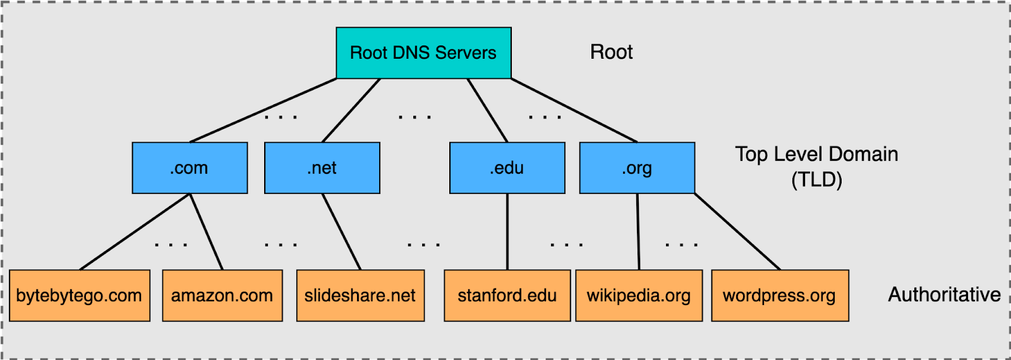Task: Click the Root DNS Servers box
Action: pyautogui.click(x=423, y=53)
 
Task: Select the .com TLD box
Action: pyautogui.click(x=190, y=168)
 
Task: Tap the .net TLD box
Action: pyautogui.click(x=322, y=168)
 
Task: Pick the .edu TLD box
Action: pyautogui.click(x=507, y=168)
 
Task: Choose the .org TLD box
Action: pyautogui.click(x=637, y=168)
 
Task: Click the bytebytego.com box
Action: pyautogui.click(x=80, y=296)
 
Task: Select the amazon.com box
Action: pyautogui.click(x=222, y=296)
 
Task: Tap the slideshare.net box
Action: pyautogui.click(x=360, y=296)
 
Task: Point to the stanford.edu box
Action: pyautogui.click(x=507, y=296)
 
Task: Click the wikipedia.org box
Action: pyautogui.click(x=639, y=296)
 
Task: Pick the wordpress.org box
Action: pyautogui.click(x=780, y=296)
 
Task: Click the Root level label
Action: pyautogui.click(x=611, y=52)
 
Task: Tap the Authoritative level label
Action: pyautogui.click(x=944, y=294)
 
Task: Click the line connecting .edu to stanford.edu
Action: pyautogui.click(x=507, y=232)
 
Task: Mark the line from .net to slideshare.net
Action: pyautogui.click(x=342, y=232)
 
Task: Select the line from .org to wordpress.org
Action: pyautogui.click(x=737, y=232)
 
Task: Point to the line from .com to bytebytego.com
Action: pyautogui.click(x=135, y=232)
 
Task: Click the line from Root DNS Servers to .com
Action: pyautogui.click(x=263, y=111)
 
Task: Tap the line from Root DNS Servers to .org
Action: pyautogui.click(x=574, y=111)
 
